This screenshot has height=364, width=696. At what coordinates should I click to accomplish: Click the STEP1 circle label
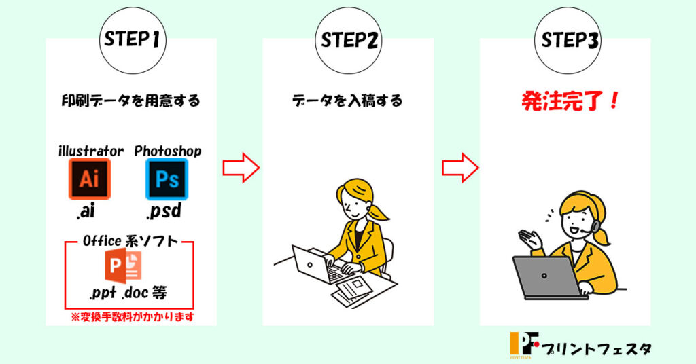133,40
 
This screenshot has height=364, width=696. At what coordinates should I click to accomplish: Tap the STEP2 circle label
349,40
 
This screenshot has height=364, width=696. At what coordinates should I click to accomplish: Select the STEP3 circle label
568,40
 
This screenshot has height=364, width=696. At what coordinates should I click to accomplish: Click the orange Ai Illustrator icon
89,179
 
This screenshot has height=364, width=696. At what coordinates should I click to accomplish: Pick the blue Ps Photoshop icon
167,179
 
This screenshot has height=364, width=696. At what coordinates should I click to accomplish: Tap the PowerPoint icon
124,266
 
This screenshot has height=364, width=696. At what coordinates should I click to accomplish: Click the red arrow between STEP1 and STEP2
241,168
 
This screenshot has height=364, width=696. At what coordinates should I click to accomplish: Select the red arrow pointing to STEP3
460,168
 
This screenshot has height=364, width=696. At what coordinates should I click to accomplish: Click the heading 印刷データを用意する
131,101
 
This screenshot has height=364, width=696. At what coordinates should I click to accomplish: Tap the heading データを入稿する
347,101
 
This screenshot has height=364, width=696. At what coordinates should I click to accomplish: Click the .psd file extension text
164,211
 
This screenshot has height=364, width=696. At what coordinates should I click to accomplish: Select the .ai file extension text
86,211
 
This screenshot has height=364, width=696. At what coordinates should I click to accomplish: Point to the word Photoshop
168,151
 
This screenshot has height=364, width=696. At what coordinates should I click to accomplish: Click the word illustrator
91,151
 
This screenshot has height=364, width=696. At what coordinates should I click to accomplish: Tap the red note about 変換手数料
133,317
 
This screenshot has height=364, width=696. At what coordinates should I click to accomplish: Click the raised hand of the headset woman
530,240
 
